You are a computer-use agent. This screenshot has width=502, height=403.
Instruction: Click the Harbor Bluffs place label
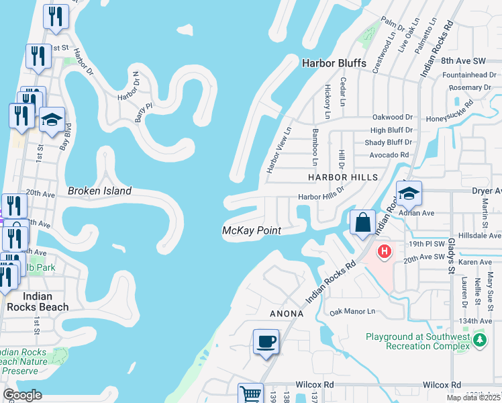(334, 63)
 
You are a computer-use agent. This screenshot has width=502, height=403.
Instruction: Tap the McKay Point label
(251, 230)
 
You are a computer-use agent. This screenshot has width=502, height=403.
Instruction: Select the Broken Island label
(99, 191)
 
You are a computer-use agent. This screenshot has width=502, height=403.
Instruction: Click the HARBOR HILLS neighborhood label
(342, 177)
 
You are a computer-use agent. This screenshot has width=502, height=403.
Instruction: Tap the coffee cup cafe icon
(266, 342)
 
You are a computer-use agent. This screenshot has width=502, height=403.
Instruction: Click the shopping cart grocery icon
(251, 394)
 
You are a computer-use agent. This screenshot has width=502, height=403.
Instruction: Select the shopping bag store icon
(362, 222)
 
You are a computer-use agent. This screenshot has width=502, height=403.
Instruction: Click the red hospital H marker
(384, 252)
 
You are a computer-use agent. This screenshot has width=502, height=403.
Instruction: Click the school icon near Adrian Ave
(408, 193)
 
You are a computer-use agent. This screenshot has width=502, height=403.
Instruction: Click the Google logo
(22, 395)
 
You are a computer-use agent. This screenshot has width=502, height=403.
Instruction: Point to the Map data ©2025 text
(474, 398)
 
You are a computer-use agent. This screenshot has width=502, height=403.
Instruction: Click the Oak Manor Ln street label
(352, 312)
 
